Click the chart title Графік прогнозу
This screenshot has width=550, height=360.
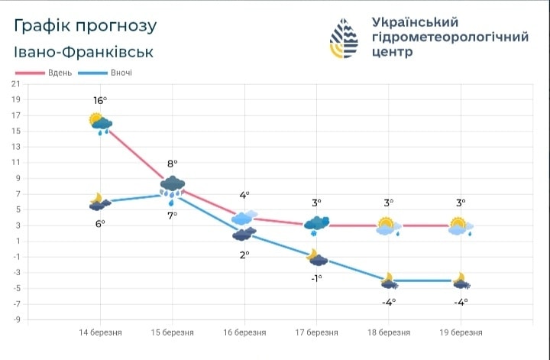click(x=86, y=26)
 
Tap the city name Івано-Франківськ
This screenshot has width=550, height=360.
click(x=83, y=52)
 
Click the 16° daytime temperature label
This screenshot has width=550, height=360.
click(x=99, y=101)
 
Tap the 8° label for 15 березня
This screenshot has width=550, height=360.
click(x=173, y=164)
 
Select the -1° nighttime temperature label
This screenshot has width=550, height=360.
click(x=315, y=277)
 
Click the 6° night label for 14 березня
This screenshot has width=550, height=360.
click(x=100, y=223)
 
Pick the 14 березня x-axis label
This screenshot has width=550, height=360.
click(x=100, y=333)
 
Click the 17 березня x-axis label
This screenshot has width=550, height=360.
click(x=316, y=333)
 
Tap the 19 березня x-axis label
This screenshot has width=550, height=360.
click(x=461, y=333)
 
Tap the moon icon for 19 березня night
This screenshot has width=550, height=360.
click(x=461, y=281)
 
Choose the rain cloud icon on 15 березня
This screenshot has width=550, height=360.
click(x=173, y=186)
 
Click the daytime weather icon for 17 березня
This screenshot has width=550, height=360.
click(x=316, y=224)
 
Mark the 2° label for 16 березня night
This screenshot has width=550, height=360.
click(x=244, y=255)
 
